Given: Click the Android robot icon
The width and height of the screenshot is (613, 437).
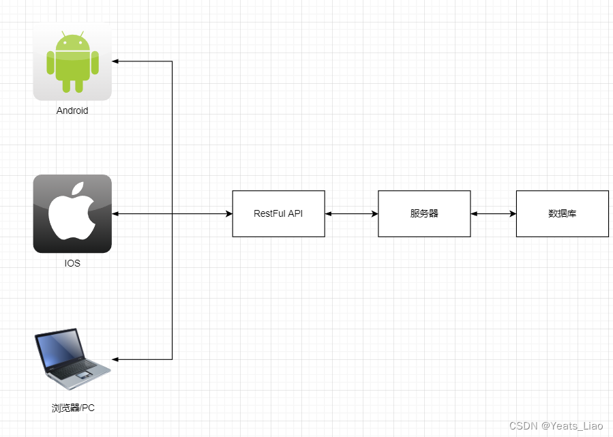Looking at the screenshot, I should point(72,62).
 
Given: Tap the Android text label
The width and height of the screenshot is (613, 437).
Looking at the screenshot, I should point(72,110).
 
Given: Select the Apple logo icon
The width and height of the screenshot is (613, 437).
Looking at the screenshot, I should point(72,213).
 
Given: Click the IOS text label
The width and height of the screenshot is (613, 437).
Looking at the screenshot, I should point(72,263).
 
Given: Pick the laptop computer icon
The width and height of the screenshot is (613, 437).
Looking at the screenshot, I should point(72,355).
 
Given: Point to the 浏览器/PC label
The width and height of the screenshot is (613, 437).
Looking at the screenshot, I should point(73,408).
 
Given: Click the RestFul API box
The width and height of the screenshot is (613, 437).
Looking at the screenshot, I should point(278,213).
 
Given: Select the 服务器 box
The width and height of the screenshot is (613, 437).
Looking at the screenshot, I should point(424,213).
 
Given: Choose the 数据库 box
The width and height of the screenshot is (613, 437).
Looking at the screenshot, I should point(562,213).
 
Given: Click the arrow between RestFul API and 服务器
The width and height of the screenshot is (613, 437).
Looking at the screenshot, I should point(351,214).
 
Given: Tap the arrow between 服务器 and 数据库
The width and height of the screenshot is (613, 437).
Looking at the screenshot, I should point(493,214).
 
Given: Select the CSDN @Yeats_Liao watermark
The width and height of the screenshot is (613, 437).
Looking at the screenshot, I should point(556,425).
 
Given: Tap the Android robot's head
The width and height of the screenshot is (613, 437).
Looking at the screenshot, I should point(72,42).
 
